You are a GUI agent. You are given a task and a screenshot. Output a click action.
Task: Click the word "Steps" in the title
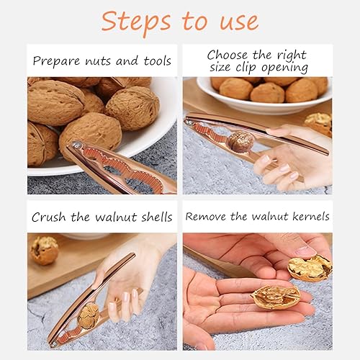click(x=136, y=22)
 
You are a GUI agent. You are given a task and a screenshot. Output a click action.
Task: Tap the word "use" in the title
click(x=240, y=22)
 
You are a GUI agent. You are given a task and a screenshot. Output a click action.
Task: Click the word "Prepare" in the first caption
click(x=56, y=61)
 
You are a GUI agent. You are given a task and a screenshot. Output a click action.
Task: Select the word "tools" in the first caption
click(x=158, y=60)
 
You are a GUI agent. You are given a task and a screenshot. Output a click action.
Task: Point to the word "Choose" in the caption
click(x=227, y=55)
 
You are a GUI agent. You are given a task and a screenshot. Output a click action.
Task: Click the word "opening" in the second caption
click(x=284, y=68)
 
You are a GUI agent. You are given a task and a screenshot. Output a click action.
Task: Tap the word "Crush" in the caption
click(x=48, y=217)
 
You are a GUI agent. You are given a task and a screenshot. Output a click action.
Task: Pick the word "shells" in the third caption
click(x=157, y=217)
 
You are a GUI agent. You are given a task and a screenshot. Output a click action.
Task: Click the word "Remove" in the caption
click(x=206, y=217)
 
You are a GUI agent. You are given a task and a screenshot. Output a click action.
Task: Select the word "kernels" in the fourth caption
click(x=311, y=216)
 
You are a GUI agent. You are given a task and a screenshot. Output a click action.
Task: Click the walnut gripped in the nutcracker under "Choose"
click(x=240, y=143)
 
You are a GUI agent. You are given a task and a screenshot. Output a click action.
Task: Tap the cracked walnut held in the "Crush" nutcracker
click(x=89, y=316)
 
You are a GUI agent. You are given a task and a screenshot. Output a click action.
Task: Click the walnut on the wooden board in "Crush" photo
click(x=45, y=251)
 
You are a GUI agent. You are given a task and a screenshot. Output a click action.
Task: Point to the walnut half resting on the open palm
click(x=276, y=297)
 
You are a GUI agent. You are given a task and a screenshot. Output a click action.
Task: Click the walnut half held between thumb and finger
click(x=310, y=268)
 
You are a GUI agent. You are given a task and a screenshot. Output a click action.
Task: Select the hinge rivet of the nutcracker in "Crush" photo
click(x=54, y=343)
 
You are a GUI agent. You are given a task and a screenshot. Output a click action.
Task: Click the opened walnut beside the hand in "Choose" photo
click(x=318, y=124)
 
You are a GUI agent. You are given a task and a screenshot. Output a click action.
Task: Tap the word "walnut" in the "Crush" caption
click(x=116, y=217)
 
